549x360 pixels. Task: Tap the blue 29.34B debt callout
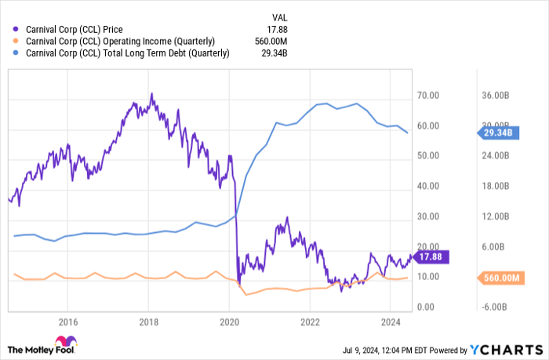pos(497,133)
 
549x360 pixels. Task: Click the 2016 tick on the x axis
pos(68,321)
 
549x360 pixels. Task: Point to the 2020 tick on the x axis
pos(230,321)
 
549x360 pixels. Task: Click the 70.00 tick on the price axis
pos(427,96)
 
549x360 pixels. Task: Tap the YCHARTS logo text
pos(511,349)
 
